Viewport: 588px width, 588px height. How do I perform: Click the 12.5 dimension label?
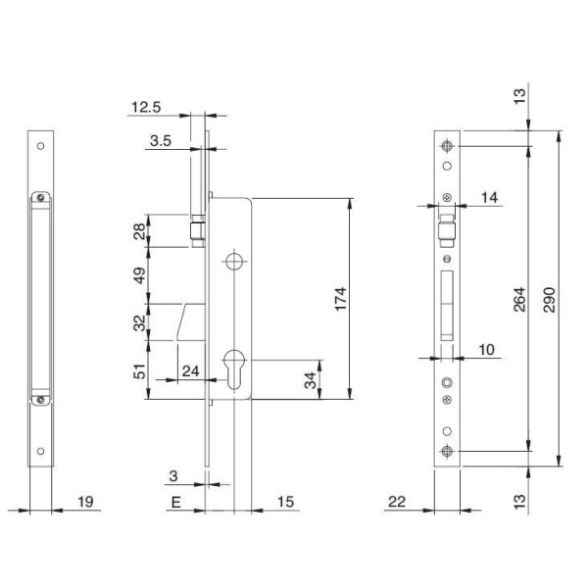[x=146, y=107]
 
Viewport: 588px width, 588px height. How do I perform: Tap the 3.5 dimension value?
[x=161, y=141]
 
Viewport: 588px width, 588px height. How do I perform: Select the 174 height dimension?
[x=340, y=299]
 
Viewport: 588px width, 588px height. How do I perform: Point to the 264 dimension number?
[x=519, y=300]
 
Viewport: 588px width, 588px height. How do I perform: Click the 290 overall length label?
[x=549, y=300]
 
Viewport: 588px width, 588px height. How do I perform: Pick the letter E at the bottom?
[x=175, y=502]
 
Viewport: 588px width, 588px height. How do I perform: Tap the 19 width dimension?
[x=85, y=502]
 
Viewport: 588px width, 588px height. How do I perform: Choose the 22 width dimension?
[x=397, y=502]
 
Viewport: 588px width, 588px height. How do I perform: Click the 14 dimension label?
[x=489, y=197]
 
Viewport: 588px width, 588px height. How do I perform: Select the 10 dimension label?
[x=487, y=350]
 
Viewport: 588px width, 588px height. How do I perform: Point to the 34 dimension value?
[x=310, y=380]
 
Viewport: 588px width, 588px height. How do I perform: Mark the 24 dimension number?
[x=190, y=371]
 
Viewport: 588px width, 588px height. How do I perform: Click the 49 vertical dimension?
[x=139, y=275]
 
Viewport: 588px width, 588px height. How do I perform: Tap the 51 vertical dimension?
[x=139, y=370]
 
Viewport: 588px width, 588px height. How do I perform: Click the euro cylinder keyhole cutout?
[x=234, y=369]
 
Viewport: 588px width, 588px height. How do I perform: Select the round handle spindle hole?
[x=234, y=262]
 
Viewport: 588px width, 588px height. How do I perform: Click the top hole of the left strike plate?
[x=40, y=146]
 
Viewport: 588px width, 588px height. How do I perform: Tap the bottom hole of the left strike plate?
[x=40, y=451]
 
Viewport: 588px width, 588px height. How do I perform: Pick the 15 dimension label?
[x=285, y=502]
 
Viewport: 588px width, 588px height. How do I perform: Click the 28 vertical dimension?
[x=139, y=231]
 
